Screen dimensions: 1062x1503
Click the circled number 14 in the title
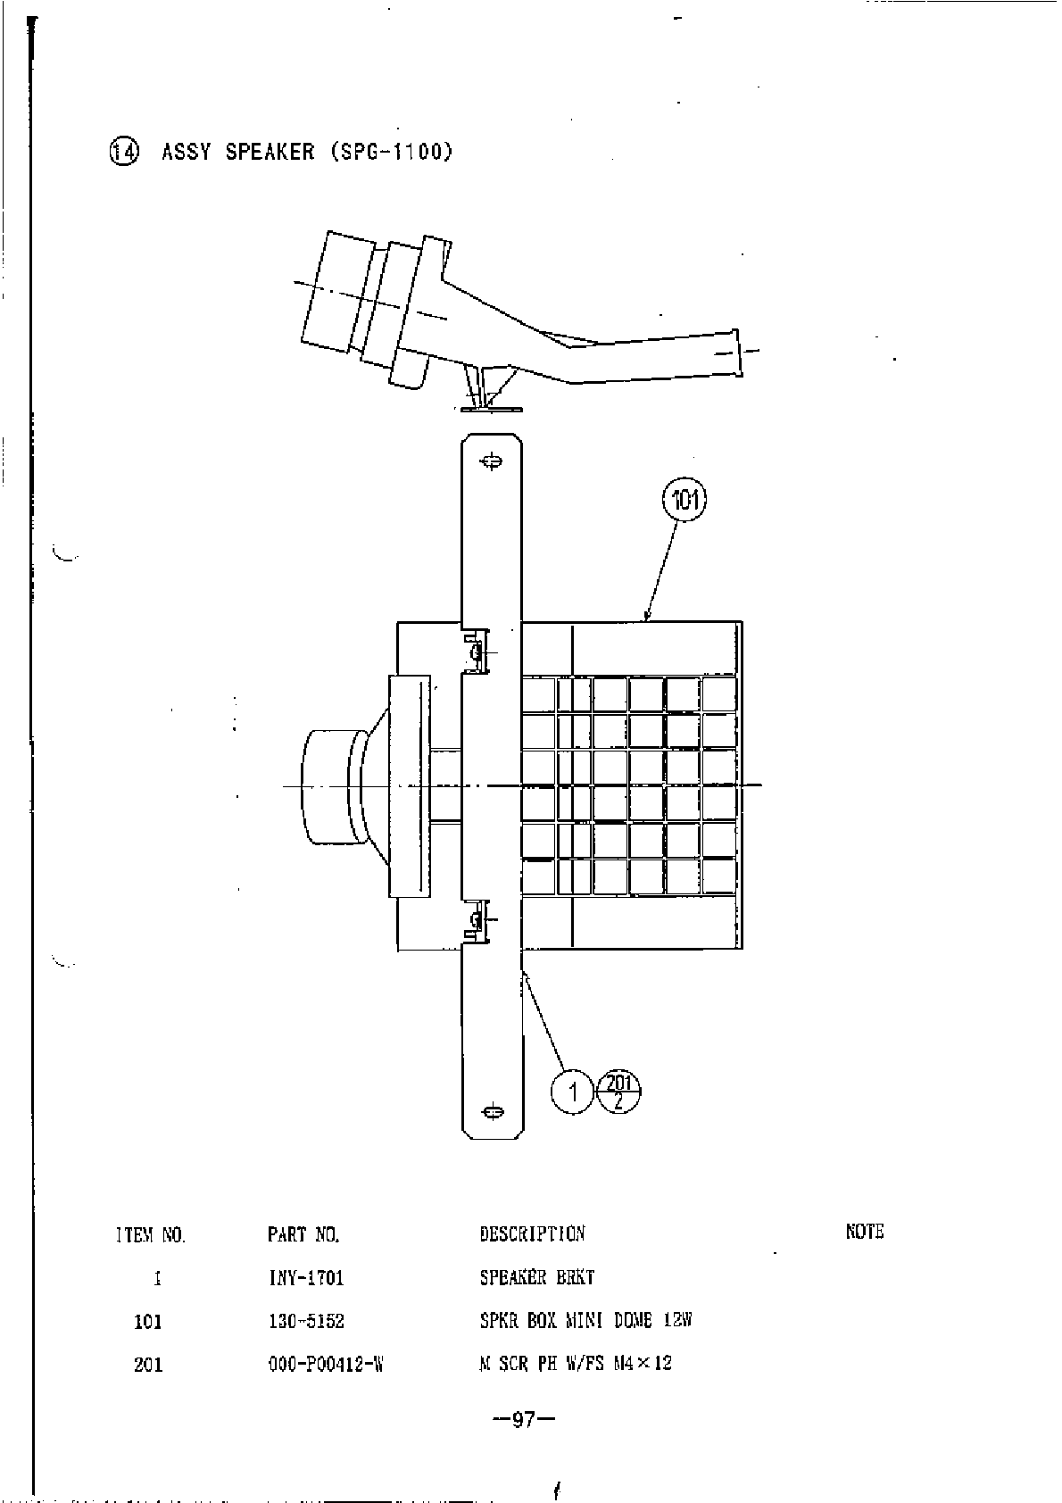(124, 153)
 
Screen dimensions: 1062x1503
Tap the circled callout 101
(684, 500)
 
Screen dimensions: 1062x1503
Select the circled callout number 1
(573, 1091)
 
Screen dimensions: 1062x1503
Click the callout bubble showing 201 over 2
(619, 1091)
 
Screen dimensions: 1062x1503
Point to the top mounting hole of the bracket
(490, 461)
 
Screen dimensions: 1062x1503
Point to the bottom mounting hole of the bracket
(490, 1111)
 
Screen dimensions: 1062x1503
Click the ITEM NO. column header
(151, 1235)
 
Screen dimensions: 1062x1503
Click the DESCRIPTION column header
(532, 1233)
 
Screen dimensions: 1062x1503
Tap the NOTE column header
(864, 1232)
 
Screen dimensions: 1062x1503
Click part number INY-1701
(306, 1278)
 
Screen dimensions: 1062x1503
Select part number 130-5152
(306, 1321)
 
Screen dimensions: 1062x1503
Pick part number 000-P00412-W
(325, 1364)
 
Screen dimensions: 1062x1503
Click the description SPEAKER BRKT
(537, 1277)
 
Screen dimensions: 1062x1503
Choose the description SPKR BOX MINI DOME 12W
(585, 1320)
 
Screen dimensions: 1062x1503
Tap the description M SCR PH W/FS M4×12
(576, 1363)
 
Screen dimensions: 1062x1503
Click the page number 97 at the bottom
(524, 1420)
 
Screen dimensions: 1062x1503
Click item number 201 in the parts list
(148, 1365)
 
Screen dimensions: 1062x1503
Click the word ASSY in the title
(186, 152)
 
